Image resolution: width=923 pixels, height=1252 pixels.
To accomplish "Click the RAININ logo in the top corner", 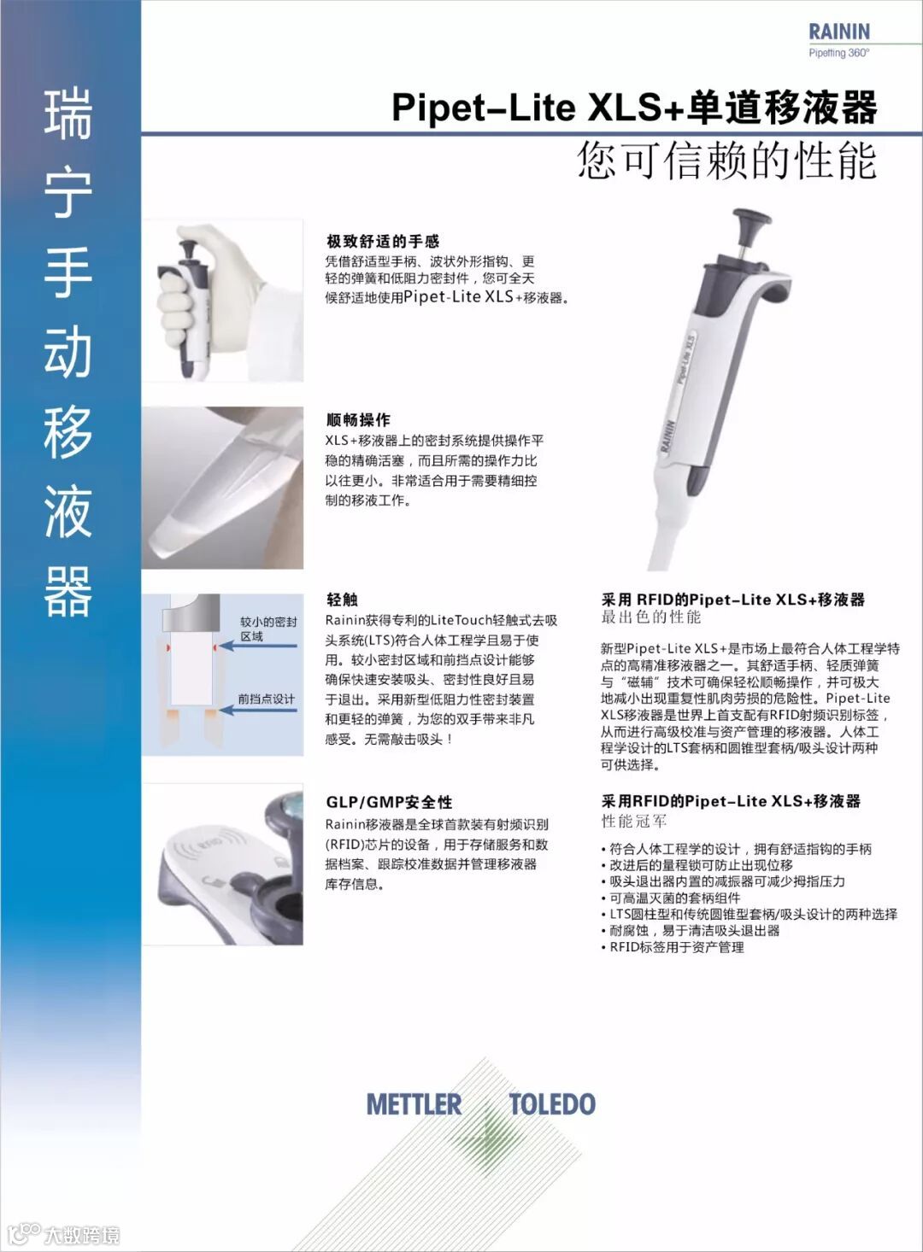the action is (x=839, y=32).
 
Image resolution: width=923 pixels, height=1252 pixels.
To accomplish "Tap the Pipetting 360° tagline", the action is (x=839, y=53).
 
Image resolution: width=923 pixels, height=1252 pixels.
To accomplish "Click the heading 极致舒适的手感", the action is (x=383, y=242).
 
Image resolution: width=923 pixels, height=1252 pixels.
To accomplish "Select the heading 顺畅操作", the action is (x=358, y=420).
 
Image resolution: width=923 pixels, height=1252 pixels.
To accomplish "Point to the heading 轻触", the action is (x=343, y=600).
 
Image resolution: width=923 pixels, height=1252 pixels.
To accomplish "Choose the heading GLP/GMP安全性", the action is (x=390, y=803).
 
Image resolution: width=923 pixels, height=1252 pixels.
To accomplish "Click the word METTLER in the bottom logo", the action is (x=414, y=1104).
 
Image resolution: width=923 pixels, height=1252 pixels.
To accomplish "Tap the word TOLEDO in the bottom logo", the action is (x=552, y=1104).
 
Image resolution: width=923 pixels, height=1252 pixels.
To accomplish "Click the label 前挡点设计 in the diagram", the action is (x=267, y=699).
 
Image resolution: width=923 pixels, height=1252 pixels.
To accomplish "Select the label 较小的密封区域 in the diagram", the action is (x=268, y=629).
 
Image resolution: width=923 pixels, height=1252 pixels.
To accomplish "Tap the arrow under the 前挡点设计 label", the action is (x=258, y=711).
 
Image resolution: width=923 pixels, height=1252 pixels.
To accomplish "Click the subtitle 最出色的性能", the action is (x=651, y=617).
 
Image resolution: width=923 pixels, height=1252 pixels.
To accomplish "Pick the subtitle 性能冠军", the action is (x=634, y=822).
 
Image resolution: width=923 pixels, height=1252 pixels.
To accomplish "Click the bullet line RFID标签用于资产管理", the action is (x=673, y=947).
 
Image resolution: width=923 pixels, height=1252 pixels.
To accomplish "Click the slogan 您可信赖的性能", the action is (x=727, y=161).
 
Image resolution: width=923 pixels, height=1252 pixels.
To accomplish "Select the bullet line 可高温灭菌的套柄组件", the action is (x=671, y=898).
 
